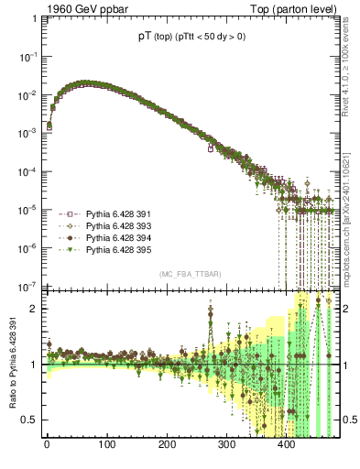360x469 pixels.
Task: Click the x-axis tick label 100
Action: click(x=106, y=446)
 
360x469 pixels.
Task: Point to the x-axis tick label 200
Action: click(x=167, y=446)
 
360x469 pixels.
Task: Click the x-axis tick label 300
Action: click(x=226, y=446)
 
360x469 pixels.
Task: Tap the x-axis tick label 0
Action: click(x=47, y=446)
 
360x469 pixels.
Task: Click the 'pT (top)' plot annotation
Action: click(x=150, y=36)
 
